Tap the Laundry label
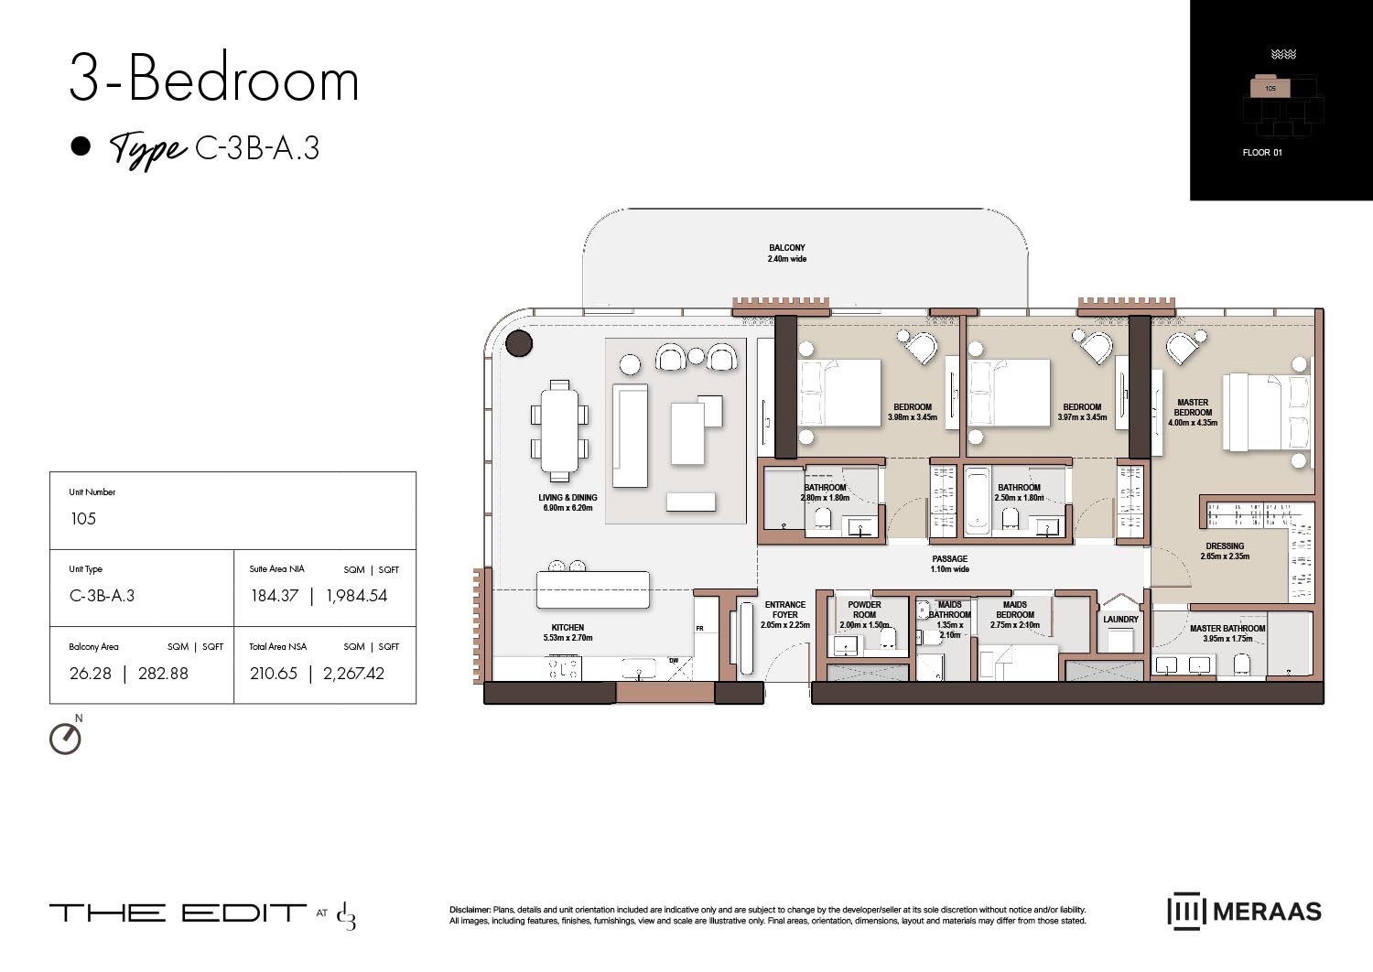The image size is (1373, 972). click(x=1120, y=620)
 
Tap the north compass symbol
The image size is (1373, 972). click(x=65, y=738)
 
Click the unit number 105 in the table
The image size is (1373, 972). click(x=83, y=519)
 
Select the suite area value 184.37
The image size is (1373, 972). click(x=275, y=596)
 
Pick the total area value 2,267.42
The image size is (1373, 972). click(x=353, y=674)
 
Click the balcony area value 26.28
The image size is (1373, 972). click(x=91, y=674)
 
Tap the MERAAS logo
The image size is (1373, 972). click(x=1245, y=912)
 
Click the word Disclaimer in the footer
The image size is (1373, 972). click(x=470, y=910)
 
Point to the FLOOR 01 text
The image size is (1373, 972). click(x=1262, y=152)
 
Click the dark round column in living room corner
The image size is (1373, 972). click(x=519, y=344)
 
